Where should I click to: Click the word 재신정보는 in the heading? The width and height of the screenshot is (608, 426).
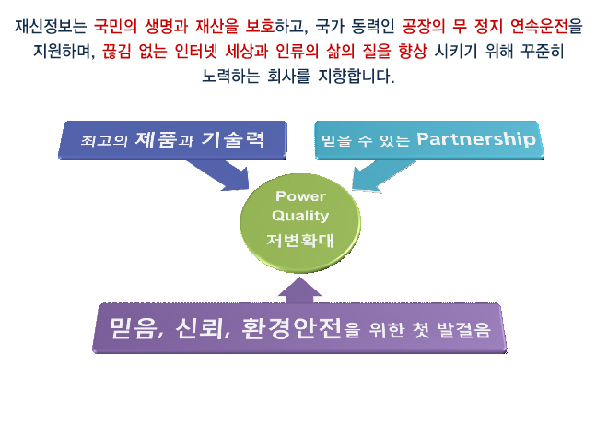click(51, 27)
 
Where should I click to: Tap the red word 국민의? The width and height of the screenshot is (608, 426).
click(115, 27)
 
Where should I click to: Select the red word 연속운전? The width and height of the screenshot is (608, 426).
click(539, 27)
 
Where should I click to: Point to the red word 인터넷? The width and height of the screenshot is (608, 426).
click(196, 52)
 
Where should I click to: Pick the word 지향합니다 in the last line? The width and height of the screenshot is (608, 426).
click(357, 76)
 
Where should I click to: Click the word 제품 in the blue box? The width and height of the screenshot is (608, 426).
click(156, 139)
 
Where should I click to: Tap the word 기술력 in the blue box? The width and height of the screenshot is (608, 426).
click(233, 139)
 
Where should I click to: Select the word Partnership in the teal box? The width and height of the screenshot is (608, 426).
click(476, 139)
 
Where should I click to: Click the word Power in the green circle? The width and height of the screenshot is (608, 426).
click(300, 195)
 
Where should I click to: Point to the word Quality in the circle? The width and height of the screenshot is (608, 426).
click(300, 216)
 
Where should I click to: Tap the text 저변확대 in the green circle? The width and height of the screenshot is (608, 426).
click(300, 241)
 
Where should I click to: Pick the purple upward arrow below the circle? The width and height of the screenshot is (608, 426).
click(299, 290)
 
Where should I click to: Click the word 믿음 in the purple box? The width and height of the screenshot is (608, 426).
click(133, 328)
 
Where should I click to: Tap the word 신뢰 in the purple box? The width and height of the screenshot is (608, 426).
click(199, 328)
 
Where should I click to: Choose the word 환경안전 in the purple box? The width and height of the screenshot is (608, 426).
click(292, 328)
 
